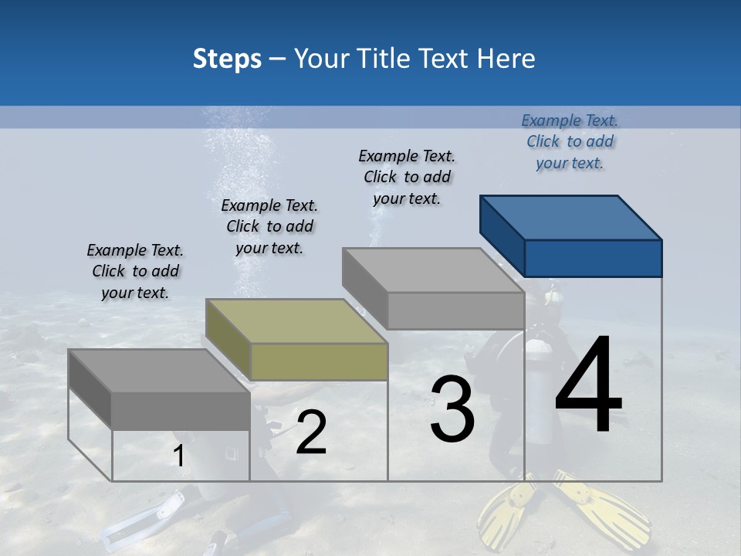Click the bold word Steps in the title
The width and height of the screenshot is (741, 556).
[x=227, y=59]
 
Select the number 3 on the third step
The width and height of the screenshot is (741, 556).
[x=452, y=409]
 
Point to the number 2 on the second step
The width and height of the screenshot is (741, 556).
[x=311, y=432]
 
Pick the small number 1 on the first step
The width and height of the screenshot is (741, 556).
[x=178, y=456]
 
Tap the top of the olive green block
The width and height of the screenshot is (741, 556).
[x=296, y=321]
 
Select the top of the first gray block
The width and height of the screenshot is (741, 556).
[x=159, y=371]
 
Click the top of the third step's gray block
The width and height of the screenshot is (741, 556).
[x=434, y=270]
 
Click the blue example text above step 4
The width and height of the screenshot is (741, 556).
[x=570, y=141]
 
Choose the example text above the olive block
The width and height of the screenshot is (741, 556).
[x=269, y=226]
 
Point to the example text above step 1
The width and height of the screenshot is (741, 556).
[x=135, y=271]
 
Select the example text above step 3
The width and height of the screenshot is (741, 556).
[x=407, y=177]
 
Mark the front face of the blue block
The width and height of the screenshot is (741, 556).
[x=593, y=258]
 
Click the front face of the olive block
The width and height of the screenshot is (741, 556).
[x=319, y=361]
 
